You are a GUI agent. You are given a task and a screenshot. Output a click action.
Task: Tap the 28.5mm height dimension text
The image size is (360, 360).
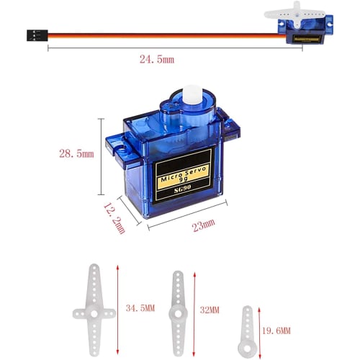coord(76,153)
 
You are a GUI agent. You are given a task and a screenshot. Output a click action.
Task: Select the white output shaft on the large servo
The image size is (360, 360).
coord(192,94)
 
